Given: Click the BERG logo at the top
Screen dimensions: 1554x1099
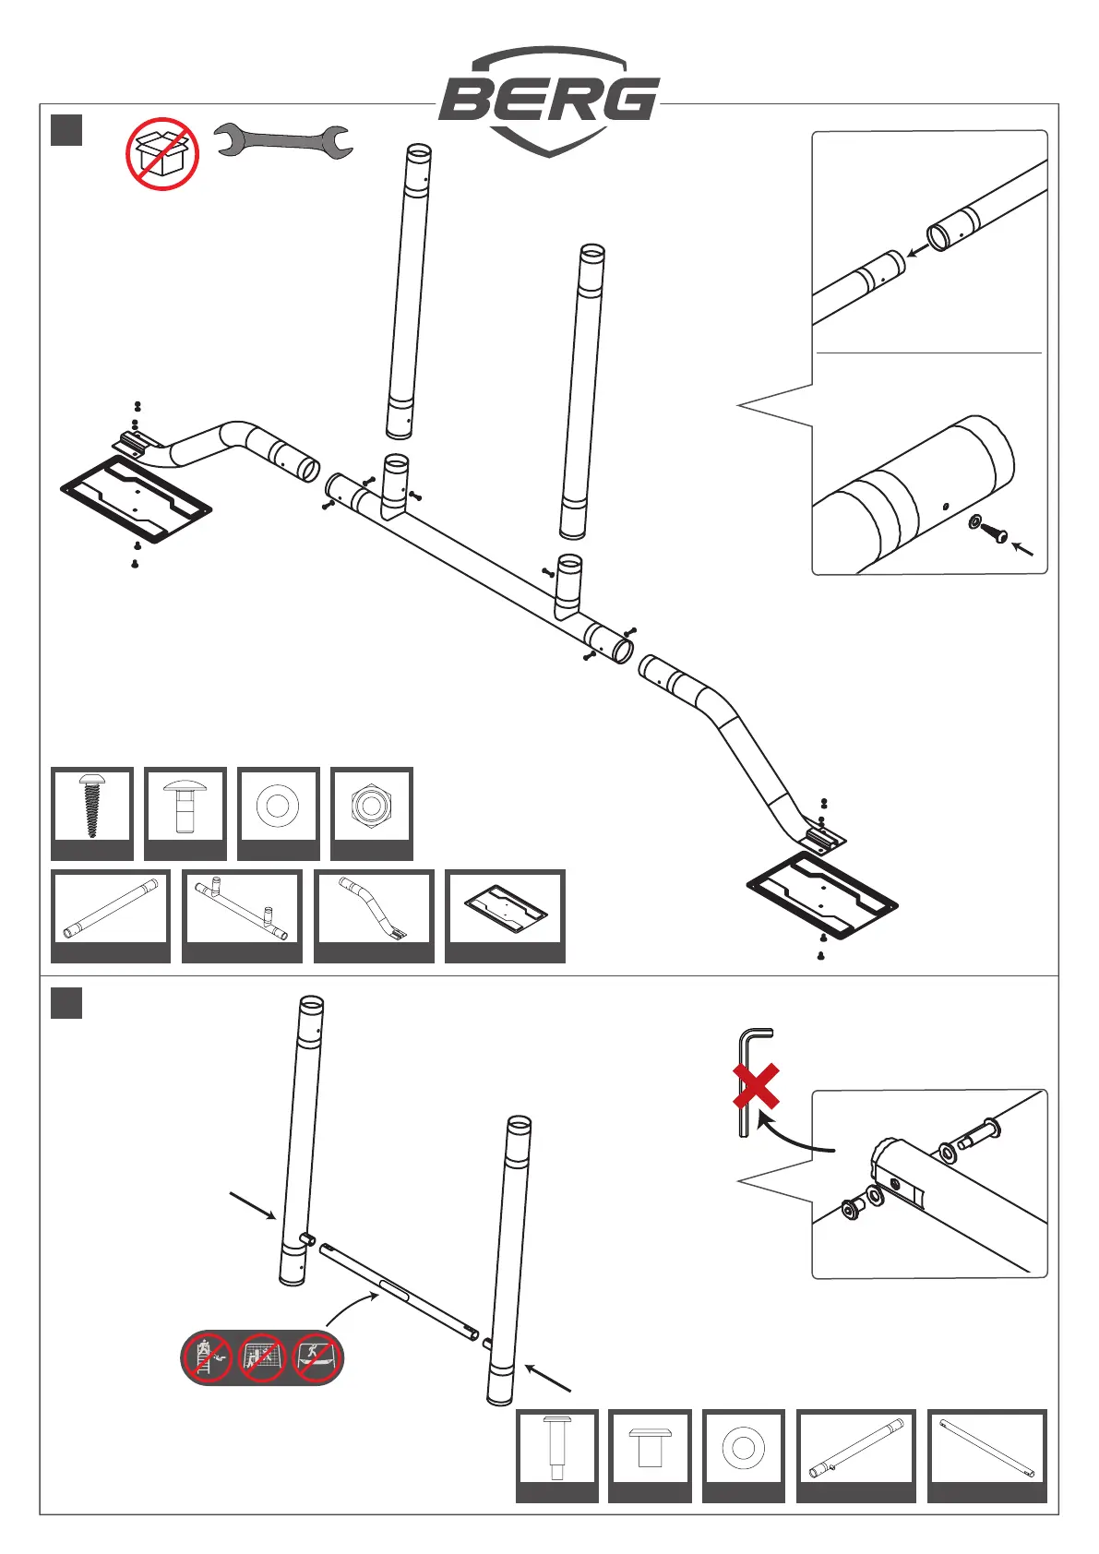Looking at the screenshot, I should coord(549,100).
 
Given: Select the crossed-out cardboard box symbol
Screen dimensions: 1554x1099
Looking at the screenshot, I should coord(162,154).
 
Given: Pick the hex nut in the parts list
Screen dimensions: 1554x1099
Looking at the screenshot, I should coord(371,806).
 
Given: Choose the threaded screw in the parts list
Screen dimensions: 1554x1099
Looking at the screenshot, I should coord(91,806).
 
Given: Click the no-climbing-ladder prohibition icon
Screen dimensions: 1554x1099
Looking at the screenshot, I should coord(209,1357).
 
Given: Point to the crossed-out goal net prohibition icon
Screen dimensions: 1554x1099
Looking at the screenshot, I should coord(263,1357).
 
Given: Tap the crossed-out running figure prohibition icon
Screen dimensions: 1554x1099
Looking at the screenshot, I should coord(316,1357).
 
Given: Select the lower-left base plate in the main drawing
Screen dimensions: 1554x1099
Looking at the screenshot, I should coord(137,498).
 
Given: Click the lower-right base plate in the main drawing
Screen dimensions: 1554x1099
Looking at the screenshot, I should coord(822,896).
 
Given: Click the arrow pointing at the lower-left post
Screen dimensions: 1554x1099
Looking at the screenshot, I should coord(252,1206).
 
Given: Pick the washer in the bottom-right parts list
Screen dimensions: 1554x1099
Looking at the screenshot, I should coord(743,1448).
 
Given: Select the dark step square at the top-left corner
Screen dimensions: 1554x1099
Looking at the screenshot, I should coord(66,130).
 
